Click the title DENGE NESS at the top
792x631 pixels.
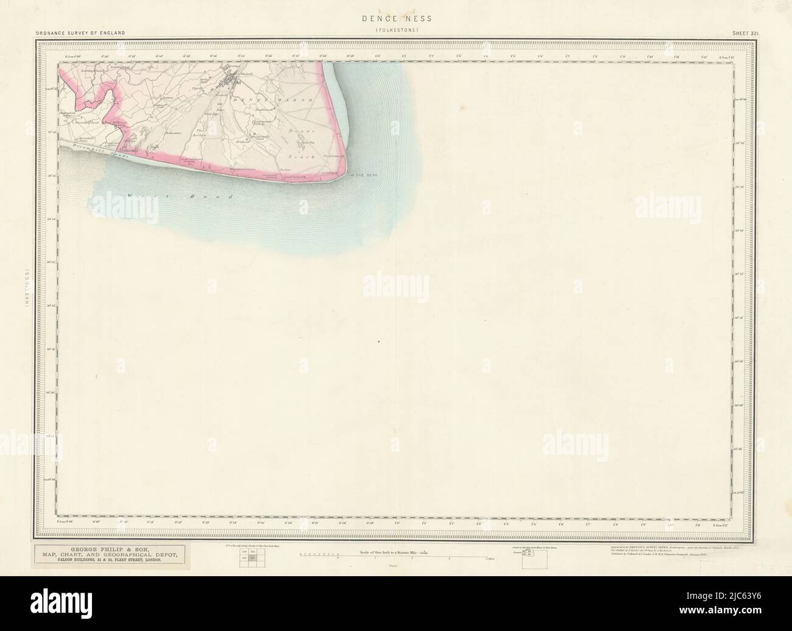396,19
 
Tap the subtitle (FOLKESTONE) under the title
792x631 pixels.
397,29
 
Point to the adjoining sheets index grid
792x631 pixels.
250,559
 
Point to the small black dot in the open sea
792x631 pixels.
378,342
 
